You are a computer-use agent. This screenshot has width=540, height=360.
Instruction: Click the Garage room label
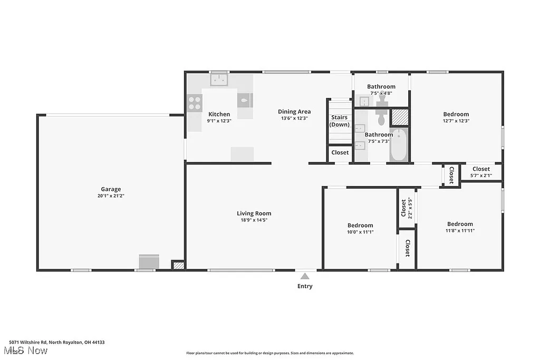pyautogui.click(x=111, y=189)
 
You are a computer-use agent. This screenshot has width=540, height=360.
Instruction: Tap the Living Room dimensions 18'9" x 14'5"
pyautogui.click(x=254, y=220)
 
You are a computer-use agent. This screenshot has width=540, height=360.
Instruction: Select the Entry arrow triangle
pyautogui.click(x=304, y=276)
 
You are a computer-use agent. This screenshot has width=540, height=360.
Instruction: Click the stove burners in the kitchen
pyautogui.click(x=194, y=103)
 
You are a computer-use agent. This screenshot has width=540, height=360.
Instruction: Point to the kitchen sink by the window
pyautogui.click(x=219, y=80)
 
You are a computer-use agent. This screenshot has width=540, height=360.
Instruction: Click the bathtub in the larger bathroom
pyautogui.click(x=398, y=145)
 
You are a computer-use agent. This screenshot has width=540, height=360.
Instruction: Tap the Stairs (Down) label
pyautogui.click(x=339, y=121)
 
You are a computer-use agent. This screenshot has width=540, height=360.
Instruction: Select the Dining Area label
pyautogui.click(x=294, y=112)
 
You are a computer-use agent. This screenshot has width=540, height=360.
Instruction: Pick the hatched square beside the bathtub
pyautogui.click(x=399, y=117)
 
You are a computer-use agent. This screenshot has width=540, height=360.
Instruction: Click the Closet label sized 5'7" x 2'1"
pyautogui.click(x=481, y=169)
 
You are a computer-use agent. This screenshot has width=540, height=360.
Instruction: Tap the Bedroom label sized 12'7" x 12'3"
pyautogui.click(x=456, y=114)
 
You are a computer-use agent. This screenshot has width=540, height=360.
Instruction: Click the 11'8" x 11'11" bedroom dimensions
pyautogui.click(x=460, y=230)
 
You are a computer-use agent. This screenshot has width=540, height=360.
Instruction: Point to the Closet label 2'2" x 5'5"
pyautogui.click(x=404, y=208)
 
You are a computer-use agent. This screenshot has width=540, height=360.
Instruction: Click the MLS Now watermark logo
pyautogui.click(x=25, y=350)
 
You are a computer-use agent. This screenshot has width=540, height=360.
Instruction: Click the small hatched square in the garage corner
pyautogui.click(x=178, y=266)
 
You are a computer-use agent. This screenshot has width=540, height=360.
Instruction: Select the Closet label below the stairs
pyautogui.click(x=340, y=152)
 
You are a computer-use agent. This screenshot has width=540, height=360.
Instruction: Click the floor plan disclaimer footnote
pyautogui.click(x=269, y=353)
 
